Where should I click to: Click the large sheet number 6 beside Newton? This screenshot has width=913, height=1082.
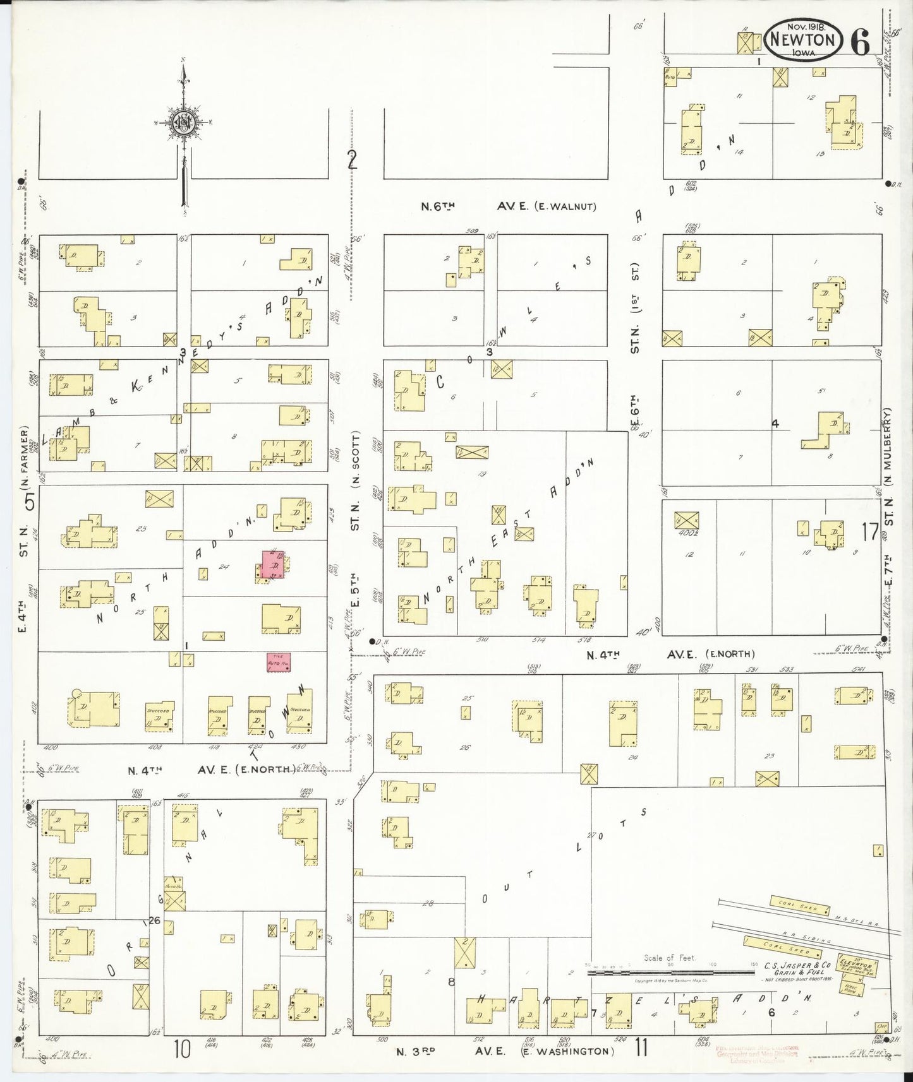click(x=860, y=41)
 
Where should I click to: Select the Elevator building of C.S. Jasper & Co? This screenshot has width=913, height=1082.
click(x=856, y=965)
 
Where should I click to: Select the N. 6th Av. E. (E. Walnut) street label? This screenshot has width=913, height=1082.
click(x=509, y=206)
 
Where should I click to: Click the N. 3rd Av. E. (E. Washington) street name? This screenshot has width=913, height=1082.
click(x=505, y=1051)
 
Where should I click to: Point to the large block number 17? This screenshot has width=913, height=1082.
click(x=870, y=532)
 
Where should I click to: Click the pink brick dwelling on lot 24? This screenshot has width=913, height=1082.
click(x=274, y=565)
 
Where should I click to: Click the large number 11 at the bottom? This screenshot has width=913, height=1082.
click(x=641, y=1049)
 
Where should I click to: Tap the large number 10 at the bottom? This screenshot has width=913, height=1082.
click(x=183, y=1049)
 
